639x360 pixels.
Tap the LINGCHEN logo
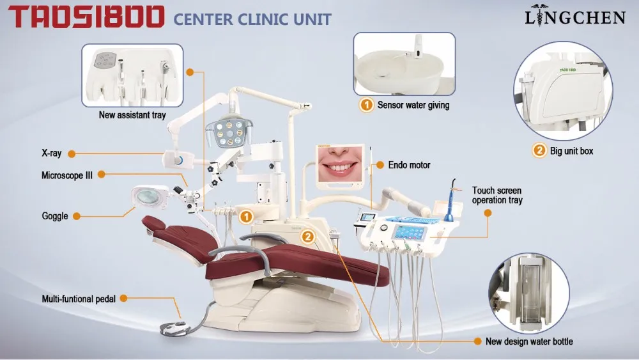pos(574,17)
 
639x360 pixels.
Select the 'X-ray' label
pos(51,153)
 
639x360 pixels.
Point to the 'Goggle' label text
pos(55,216)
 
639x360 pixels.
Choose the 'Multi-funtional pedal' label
pos(79,299)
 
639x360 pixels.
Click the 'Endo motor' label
pos(410,165)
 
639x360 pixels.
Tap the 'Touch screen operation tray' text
pos(497,195)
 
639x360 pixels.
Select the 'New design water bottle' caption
pos(529,341)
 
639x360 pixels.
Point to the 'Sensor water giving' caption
pos(413,105)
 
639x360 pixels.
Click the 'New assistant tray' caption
pos(132,116)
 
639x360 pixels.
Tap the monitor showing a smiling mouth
pos(339,165)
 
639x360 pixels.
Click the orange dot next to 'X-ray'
pos(72,153)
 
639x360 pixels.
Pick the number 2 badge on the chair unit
pos(308,237)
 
